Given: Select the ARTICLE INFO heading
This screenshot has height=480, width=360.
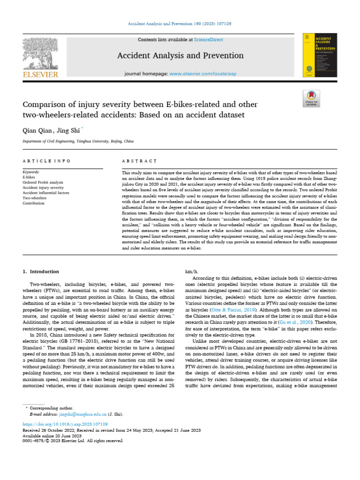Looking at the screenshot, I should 46,161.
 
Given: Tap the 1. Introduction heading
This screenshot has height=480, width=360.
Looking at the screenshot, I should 41,271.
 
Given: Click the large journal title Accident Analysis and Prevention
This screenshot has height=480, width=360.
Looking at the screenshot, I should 180,56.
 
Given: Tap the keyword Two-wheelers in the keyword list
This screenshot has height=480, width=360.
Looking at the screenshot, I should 35,198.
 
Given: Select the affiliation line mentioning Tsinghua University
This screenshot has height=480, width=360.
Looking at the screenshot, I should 78,141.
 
